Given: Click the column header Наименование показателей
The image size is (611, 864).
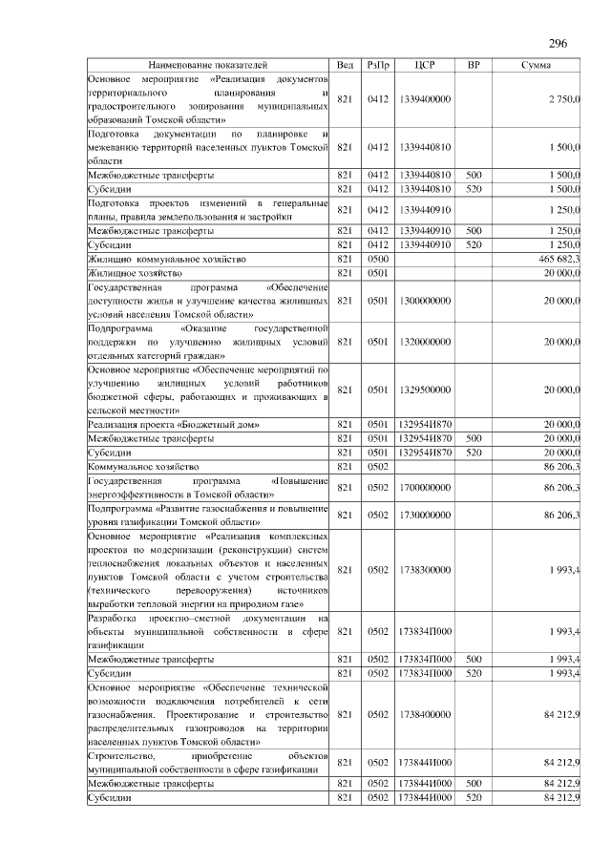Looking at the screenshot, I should pyautogui.click(x=207, y=64).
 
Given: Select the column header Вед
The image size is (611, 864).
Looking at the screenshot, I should pyautogui.click(x=346, y=64).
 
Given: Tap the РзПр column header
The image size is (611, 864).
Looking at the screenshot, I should pyautogui.click(x=377, y=64).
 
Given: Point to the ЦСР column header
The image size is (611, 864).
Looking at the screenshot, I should pyautogui.click(x=426, y=64).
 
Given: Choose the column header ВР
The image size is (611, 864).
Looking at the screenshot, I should pyautogui.click(x=474, y=64).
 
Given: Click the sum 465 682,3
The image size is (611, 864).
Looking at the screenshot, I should pyautogui.click(x=559, y=259).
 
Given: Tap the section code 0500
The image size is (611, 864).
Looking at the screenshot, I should pyautogui.click(x=377, y=259).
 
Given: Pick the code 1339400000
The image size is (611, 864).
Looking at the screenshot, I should pyautogui.click(x=426, y=99).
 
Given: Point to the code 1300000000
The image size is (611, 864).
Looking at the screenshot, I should pyautogui.click(x=426, y=300).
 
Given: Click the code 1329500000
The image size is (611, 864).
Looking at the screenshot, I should pyautogui.click(x=426, y=389).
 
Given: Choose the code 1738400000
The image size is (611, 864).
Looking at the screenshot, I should pyautogui.click(x=426, y=712).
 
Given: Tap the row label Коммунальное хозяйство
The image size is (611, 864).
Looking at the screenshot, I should pyautogui.click(x=142, y=466).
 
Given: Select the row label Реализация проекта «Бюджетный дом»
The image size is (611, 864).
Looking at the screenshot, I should pyautogui.click(x=174, y=424).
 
